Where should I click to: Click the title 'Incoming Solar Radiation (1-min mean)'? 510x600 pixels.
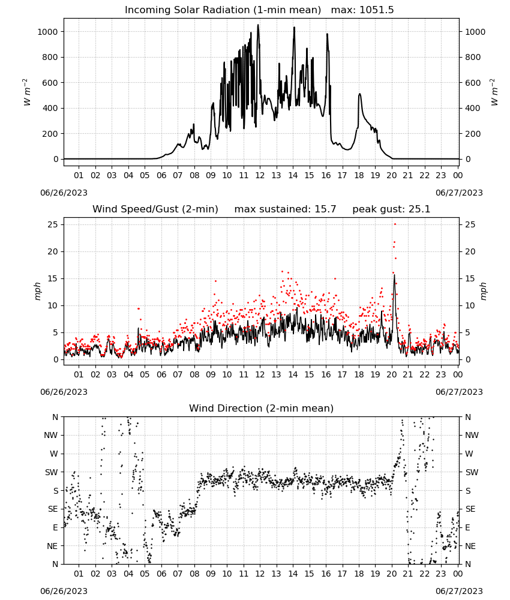(223, 10)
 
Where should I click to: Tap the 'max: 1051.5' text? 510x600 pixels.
(362, 10)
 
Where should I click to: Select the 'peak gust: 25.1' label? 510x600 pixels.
(391, 209)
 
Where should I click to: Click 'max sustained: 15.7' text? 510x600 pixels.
(285, 209)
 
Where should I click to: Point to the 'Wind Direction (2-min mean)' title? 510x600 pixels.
(262, 408)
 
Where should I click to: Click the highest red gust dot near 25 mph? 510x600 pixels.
(395, 224)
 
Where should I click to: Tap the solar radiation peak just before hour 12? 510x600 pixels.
(258, 25)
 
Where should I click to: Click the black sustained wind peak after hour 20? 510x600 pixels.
(394, 275)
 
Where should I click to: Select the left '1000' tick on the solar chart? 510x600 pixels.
(48, 32)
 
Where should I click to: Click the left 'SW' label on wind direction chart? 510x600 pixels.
(52, 472)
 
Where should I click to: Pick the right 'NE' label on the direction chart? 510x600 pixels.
(470, 546)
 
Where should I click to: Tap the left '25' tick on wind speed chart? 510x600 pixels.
(53, 224)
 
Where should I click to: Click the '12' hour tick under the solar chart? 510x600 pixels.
(260, 175)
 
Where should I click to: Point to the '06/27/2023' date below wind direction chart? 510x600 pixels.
(459, 591)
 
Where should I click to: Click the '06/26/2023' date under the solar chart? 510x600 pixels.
(64, 193)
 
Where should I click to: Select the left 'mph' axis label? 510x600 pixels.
(38, 291)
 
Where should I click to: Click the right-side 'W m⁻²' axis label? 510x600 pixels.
(494, 92)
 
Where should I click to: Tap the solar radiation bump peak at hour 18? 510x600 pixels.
(359, 94)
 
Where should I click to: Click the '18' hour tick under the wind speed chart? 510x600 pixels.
(359, 374)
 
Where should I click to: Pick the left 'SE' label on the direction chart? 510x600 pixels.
(53, 509)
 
